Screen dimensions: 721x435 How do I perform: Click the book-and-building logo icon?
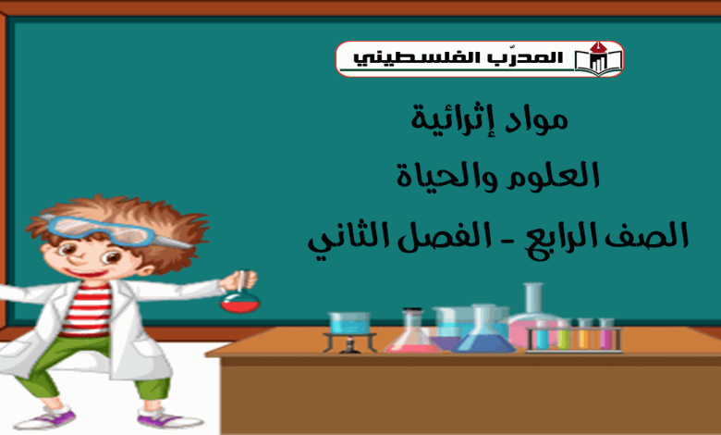coord(598,58)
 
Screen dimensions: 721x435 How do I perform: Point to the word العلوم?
coord(552,175)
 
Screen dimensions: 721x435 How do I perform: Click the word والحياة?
coord(447,175)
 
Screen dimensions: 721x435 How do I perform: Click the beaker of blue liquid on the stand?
coord(349,323)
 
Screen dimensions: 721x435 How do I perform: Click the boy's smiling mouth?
coord(85,273)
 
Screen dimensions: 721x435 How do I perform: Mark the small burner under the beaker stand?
coord(349,345)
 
